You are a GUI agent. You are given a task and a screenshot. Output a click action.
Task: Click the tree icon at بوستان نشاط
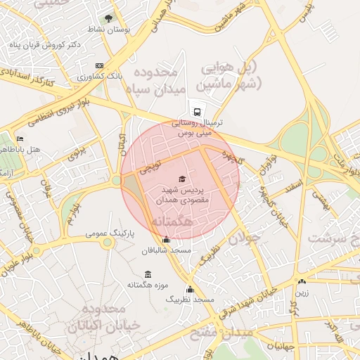[x=108, y=18]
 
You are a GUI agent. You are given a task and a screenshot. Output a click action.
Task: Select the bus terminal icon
[x=195, y=111]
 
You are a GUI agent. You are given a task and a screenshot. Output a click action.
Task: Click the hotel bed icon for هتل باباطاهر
[x=20, y=139]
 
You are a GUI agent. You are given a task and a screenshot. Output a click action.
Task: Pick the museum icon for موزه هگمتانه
[x=148, y=274]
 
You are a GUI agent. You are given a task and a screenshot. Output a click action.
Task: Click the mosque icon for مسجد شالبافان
[x=166, y=240]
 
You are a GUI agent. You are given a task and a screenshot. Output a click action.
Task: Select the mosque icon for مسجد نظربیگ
[x=189, y=289]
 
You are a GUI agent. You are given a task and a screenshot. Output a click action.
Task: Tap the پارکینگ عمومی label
[x=107, y=232]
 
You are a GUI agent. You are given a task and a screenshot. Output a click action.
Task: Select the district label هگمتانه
[x=172, y=221]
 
